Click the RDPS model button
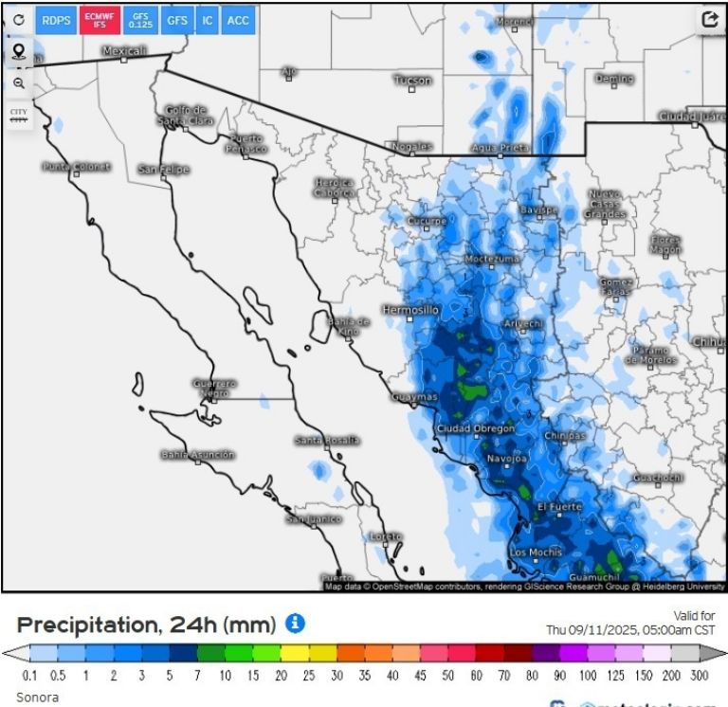click(56, 20)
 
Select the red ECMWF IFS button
click(99, 20)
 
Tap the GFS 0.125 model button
click(140, 20)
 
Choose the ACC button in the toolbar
click(239, 20)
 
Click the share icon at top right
click(709, 19)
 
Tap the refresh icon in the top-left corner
click(19, 20)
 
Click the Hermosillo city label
click(410, 310)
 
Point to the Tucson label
click(412, 81)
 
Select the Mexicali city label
click(124, 51)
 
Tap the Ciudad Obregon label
click(475, 428)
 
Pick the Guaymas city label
click(415, 397)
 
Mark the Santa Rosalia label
click(326, 440)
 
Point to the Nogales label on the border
click(410, 147)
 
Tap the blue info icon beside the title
click(296, 623)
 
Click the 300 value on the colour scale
click(699, 676)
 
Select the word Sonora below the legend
click(37, 697)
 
